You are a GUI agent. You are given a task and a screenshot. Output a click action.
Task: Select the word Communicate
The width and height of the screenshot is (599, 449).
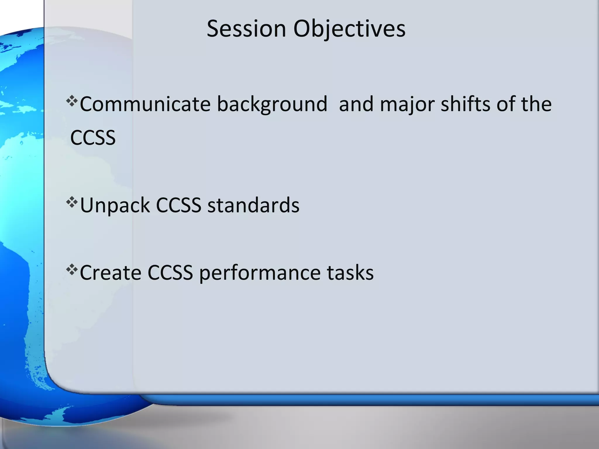[145, 104]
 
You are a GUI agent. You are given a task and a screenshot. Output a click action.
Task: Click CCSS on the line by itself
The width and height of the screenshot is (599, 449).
[93, 138]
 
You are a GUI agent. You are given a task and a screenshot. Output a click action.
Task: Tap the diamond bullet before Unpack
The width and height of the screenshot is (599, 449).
[72, 202]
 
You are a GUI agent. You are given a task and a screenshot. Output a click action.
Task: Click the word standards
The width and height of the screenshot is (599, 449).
[253, 205]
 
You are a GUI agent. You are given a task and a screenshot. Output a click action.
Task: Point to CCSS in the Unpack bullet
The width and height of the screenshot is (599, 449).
[178, 205]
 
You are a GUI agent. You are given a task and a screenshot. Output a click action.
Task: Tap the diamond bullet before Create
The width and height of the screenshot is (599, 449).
[72, 270]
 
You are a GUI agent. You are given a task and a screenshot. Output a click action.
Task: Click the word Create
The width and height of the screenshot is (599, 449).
[111, 273]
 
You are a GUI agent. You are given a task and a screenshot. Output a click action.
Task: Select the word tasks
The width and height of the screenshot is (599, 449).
[350, 273]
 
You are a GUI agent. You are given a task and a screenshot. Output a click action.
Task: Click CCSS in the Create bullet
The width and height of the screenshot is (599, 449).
[170, 273]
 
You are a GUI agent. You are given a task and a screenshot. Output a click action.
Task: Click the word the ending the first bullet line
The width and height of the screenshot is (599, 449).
[536, 104]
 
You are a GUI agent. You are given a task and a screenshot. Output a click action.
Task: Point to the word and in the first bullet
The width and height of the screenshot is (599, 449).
[356, 104]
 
